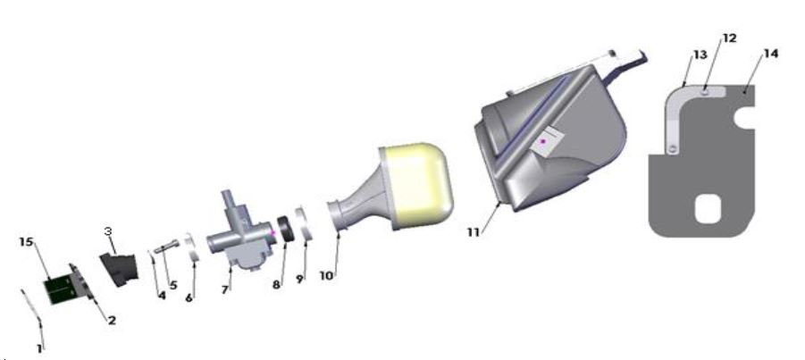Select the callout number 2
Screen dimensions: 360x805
(x=112, y=319)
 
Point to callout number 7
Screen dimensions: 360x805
(x=225, y=290)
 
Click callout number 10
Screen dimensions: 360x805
(x=327, y=276)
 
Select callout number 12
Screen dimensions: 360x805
(x=729, y=38)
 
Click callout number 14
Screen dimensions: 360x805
(x=770, y=54)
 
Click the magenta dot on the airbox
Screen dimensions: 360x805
(x=542, y=142)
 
